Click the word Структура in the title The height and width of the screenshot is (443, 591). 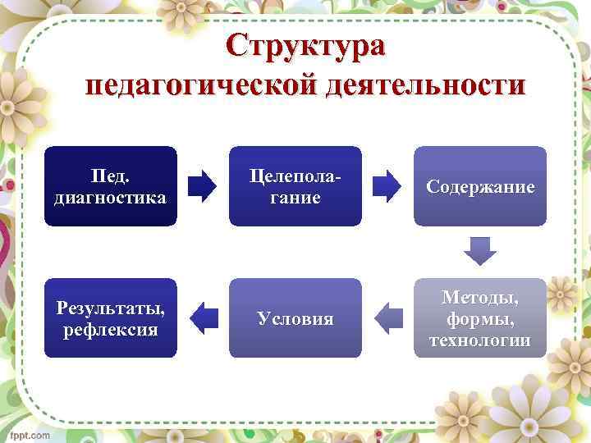305,45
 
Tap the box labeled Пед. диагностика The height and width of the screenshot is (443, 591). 110,186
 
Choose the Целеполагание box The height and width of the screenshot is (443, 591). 295,186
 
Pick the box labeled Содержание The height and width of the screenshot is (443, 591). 479,186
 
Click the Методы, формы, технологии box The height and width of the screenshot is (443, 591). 479,318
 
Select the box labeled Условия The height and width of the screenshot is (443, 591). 295,318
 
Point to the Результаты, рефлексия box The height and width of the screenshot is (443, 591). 110,318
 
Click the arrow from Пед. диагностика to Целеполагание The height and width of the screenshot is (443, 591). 203,186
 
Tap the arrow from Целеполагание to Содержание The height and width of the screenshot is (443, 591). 387,186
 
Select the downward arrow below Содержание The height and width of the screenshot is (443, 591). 480,251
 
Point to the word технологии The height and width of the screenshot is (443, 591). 480,340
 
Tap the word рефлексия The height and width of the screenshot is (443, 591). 110,330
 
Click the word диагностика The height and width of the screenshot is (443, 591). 110,198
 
